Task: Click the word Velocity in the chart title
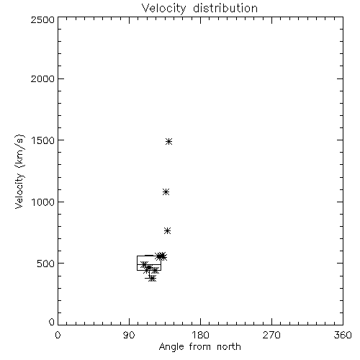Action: coord(163,9)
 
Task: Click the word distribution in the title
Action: coord(225,8)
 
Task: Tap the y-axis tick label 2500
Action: coord(42,19)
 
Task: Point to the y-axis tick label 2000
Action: coord(42,78)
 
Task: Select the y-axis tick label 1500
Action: coord(43,140)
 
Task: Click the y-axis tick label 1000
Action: coord(43,202)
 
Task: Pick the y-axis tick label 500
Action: coord(46,264)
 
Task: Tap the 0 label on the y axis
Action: coord(52,322)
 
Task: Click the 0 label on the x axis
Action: coord(58,335)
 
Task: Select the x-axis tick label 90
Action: coord(129,335)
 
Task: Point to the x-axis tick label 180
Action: coord(200,335)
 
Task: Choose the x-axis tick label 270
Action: coord(271,335)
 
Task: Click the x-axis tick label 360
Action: coord(343,335)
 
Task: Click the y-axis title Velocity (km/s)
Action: coord(19,171)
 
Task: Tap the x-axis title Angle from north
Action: coord(200,347)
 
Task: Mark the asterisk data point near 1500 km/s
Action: coord(169,141)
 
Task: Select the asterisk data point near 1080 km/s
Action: coord(166,192)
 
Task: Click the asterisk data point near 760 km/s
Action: coord(167,231)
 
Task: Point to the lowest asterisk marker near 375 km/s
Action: coord(152,279)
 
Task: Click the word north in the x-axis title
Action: coord(229,347)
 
